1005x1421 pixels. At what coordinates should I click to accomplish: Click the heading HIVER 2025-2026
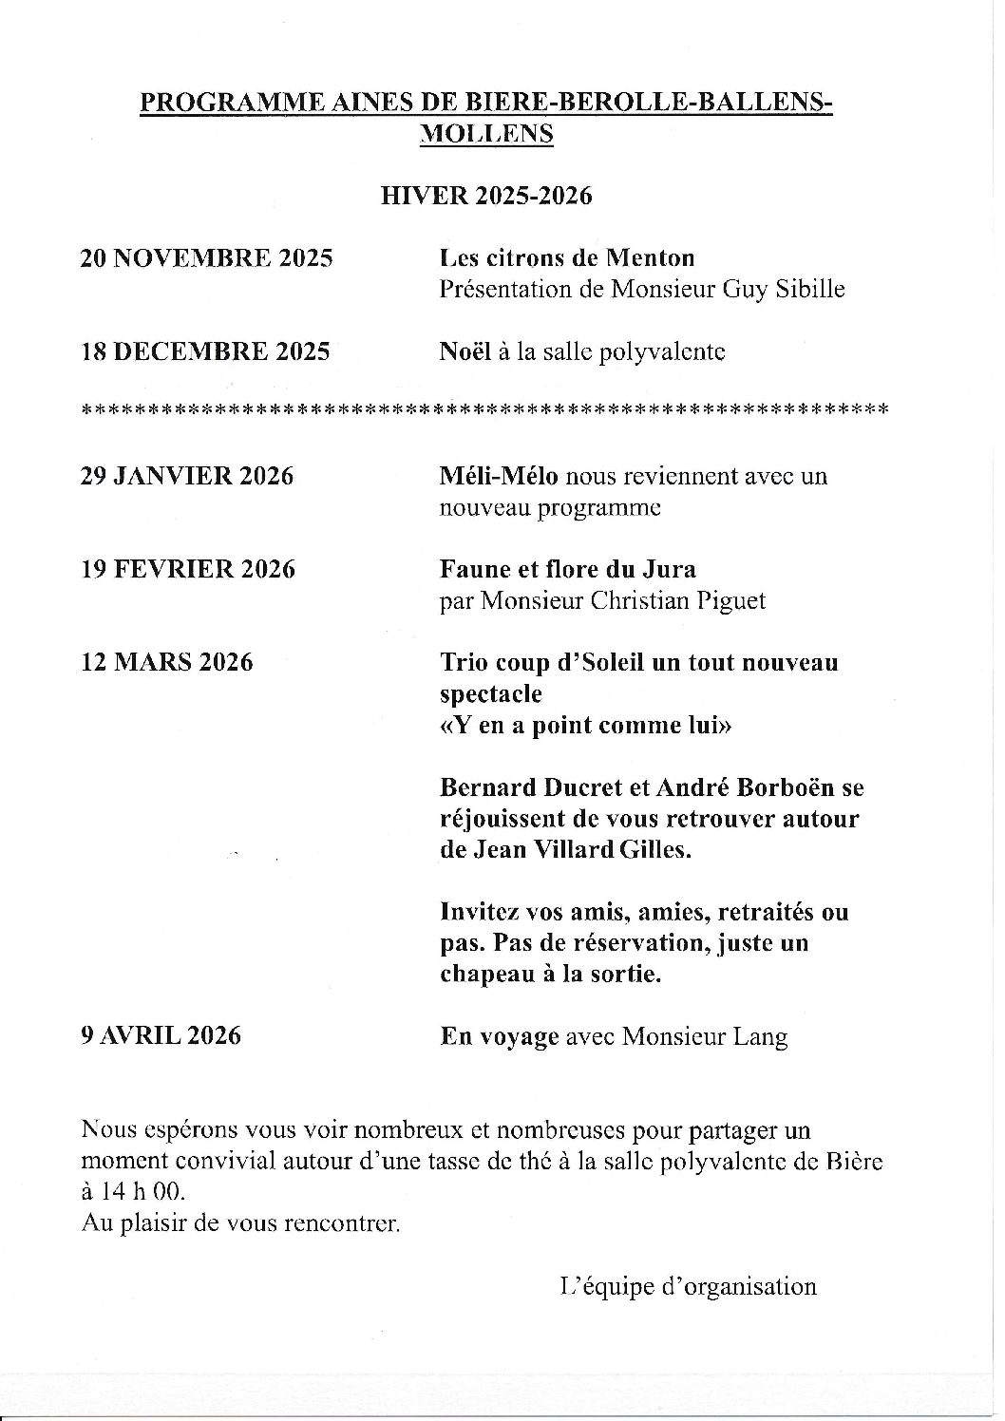coord(486,196)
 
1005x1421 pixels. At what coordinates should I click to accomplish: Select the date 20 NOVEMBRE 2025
coord(206,258)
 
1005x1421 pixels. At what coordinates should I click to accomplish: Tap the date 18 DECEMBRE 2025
coord(204,351)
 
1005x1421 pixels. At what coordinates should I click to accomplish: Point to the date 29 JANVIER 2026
coord(186,476)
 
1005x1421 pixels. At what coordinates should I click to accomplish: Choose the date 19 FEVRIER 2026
coord(187,569)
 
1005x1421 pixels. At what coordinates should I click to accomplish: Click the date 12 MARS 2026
coord(166,662)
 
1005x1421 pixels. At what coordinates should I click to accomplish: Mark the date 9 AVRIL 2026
coord(160,1034)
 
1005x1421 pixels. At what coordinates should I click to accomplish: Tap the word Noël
coord(465,351)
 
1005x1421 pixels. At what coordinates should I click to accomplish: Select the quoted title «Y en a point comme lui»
coord(586,726)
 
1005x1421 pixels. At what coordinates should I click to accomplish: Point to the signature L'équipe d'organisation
coord(689,1287)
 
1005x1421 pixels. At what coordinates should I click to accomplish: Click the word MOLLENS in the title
coord(486,134)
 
